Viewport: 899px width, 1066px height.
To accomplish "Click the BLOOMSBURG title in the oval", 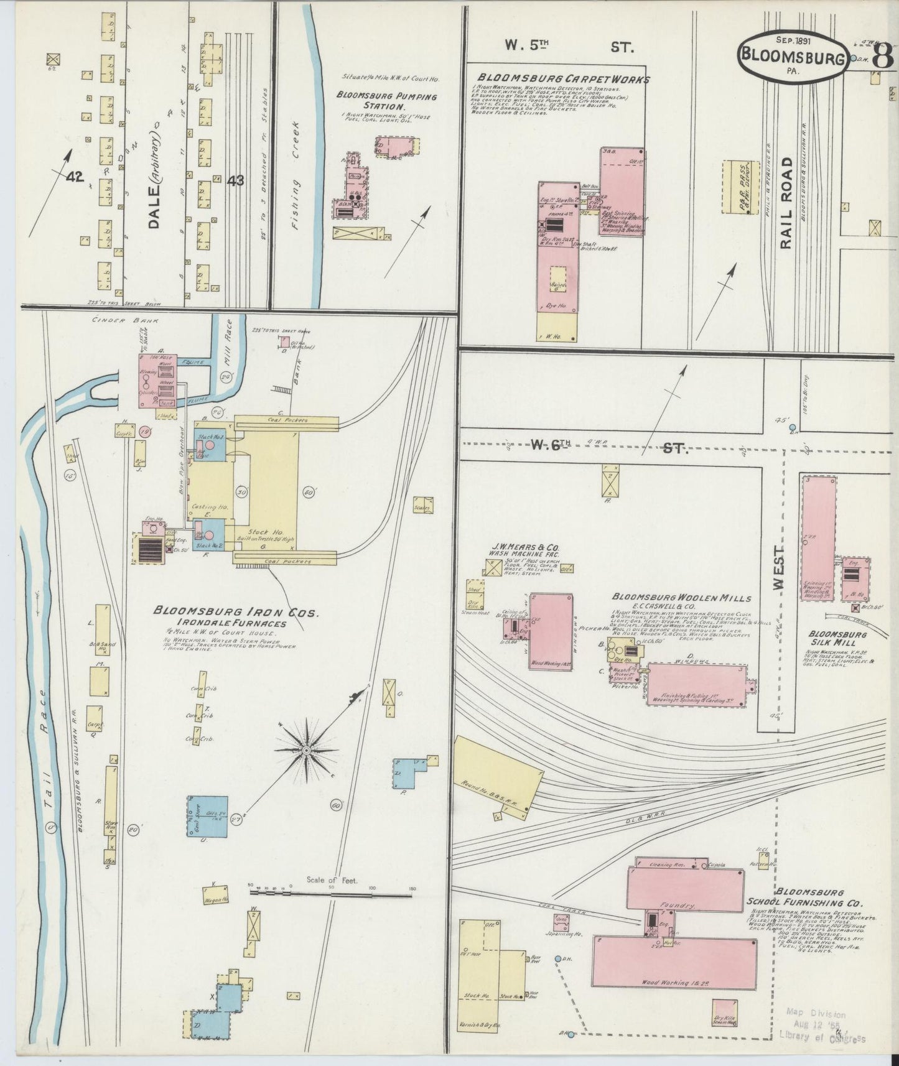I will pos(792,58).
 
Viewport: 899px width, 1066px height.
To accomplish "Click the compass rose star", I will pos(306,751).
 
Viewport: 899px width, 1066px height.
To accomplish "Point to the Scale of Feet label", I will pos(335,880).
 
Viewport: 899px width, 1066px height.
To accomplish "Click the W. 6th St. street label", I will pos(608,446).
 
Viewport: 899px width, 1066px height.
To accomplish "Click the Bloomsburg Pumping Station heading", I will pos(386,101).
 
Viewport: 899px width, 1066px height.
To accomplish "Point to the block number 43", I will pos(235,180).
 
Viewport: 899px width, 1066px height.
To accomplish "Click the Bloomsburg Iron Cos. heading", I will pos(236,613).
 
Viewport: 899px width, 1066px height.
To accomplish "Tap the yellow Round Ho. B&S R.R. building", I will pos(495,774).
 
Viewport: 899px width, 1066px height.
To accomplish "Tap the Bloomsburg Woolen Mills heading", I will pos(681,598).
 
